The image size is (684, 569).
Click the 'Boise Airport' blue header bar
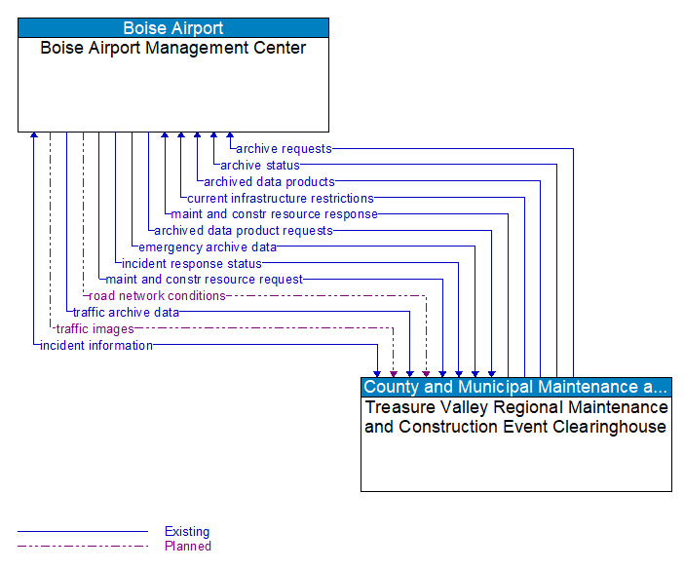point(173,28)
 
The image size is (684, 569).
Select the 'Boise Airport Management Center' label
point(173,48)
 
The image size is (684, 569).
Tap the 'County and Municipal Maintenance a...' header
point(515,388)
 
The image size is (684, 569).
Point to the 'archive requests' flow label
point(284,149)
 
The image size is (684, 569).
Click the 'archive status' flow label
point(259,166)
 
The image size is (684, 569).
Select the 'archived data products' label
point(269,181)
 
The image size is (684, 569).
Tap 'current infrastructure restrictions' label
point(281,198)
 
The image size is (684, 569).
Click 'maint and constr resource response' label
point(274,214)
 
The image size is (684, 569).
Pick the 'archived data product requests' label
point(244,231)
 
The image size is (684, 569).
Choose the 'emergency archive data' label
point(208,247)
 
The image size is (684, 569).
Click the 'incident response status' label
point(192,263)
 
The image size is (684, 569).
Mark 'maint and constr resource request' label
point(205,280)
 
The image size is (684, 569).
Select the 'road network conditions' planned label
point(157,295)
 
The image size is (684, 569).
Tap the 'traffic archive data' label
point(126,313)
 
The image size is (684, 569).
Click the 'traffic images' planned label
point(95,329)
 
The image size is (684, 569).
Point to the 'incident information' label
point(96,345)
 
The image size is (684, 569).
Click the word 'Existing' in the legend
point(187,532)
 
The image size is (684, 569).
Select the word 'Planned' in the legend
point(188,546)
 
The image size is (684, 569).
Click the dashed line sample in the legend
point(83,546)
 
